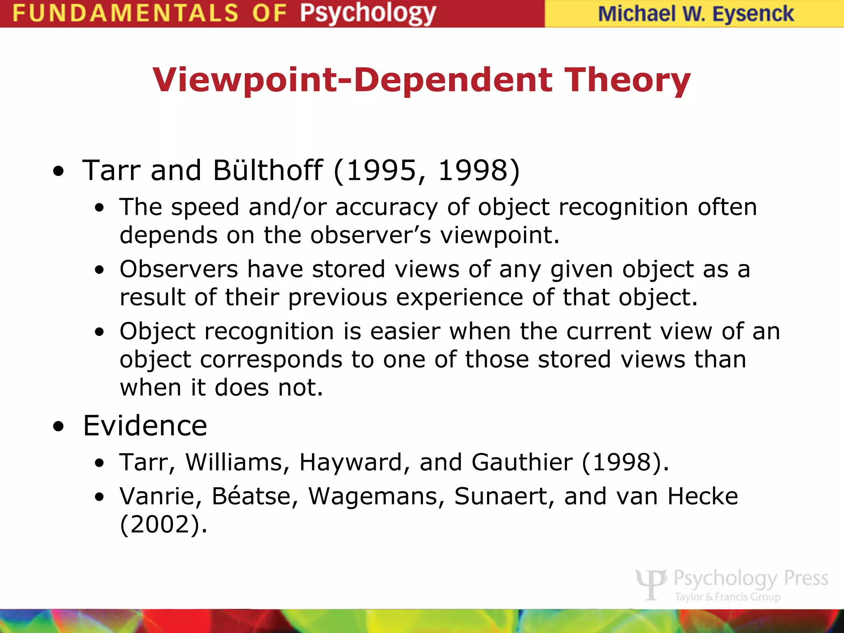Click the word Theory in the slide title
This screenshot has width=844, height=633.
point(627,80)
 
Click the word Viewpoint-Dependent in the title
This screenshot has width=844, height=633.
point(352,80)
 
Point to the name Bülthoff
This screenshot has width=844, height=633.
point(268,170)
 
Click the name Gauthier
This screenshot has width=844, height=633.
point(522,462)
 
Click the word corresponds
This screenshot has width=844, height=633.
point(271,359)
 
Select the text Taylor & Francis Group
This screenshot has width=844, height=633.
point(727,597)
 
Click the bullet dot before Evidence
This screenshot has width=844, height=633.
point(59,427)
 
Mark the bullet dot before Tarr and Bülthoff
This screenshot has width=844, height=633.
point(59,171)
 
